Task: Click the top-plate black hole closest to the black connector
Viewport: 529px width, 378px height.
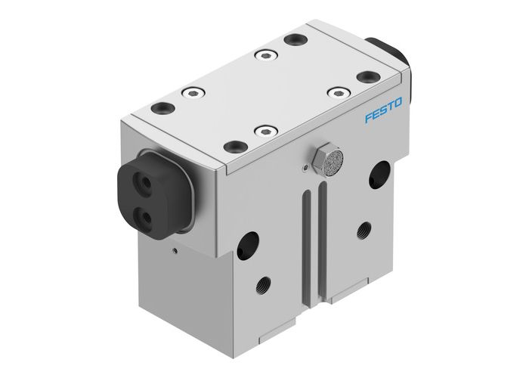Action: [162, 107]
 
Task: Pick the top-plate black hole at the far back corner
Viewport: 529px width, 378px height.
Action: [292, 39]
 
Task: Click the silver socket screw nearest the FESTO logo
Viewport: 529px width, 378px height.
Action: [335, 91]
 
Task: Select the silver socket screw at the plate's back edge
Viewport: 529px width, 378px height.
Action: [264, 54]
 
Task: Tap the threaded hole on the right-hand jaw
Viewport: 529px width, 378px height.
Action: [364, 228]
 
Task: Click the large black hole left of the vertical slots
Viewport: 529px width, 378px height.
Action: [247, 245]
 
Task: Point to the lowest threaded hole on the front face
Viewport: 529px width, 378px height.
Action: [262, 286]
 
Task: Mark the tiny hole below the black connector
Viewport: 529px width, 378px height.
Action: [175, 247]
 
